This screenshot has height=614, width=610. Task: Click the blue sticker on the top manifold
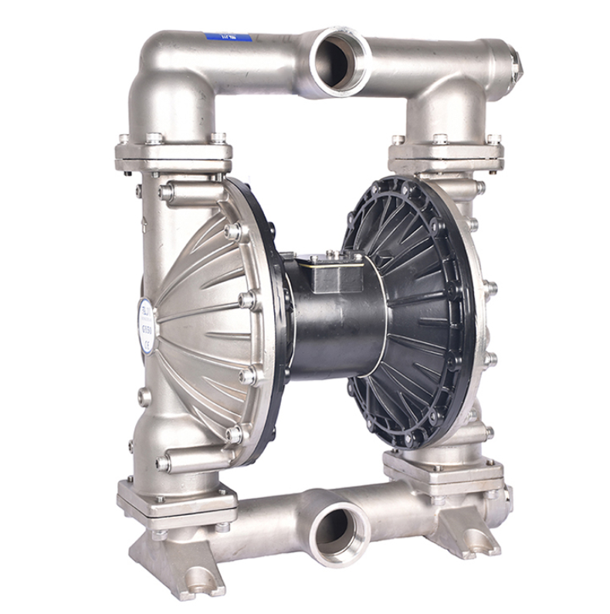pos(229,36)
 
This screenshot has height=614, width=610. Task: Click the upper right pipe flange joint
pos(446,152)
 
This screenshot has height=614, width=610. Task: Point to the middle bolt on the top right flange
pos(441,139)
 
